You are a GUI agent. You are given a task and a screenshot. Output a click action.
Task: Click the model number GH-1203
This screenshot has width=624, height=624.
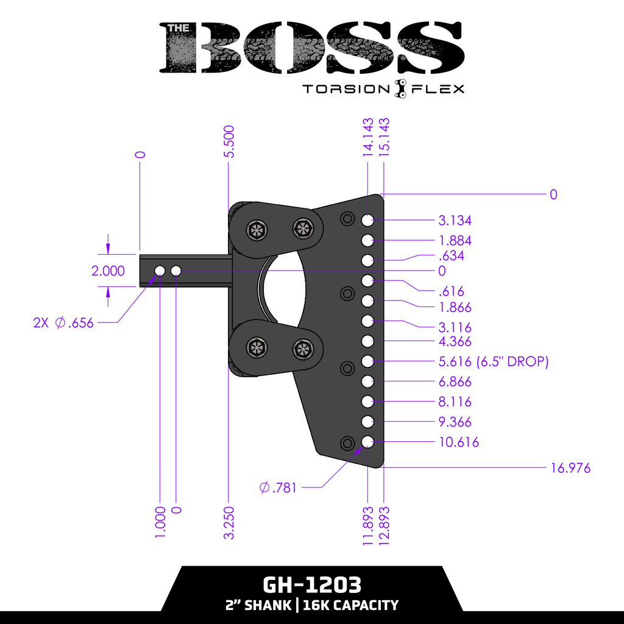pos(312,585)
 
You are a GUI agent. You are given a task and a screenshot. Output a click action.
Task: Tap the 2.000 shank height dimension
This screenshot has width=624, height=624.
pos(108,271)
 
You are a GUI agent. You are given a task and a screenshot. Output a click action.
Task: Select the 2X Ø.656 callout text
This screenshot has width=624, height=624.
pos(64,323)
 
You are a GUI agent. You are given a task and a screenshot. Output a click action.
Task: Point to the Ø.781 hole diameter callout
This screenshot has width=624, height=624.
pos(278,487)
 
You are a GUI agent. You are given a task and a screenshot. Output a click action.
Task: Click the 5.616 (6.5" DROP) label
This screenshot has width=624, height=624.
pos(494,362)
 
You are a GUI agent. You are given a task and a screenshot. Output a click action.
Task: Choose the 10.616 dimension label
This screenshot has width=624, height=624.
pos(458,442)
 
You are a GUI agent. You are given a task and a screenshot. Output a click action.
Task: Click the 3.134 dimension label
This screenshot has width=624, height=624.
pos(455,221)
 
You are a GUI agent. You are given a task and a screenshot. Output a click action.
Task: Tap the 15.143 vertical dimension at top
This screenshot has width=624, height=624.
pos(385,138)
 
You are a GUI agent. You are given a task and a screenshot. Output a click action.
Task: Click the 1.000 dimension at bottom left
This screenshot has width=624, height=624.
pos(160,522)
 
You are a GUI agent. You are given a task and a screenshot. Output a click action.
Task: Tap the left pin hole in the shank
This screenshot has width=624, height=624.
pos(160,270)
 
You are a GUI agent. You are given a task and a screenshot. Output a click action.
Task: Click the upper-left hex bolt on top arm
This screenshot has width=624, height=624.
pos(255,230)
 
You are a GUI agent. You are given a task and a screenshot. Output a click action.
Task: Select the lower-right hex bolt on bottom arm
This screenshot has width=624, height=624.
pos(302,349)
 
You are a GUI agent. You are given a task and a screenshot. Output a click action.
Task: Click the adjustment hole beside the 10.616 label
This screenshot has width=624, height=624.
pos(367,442)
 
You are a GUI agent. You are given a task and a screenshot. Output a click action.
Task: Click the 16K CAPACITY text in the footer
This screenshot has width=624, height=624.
pos(350,605)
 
